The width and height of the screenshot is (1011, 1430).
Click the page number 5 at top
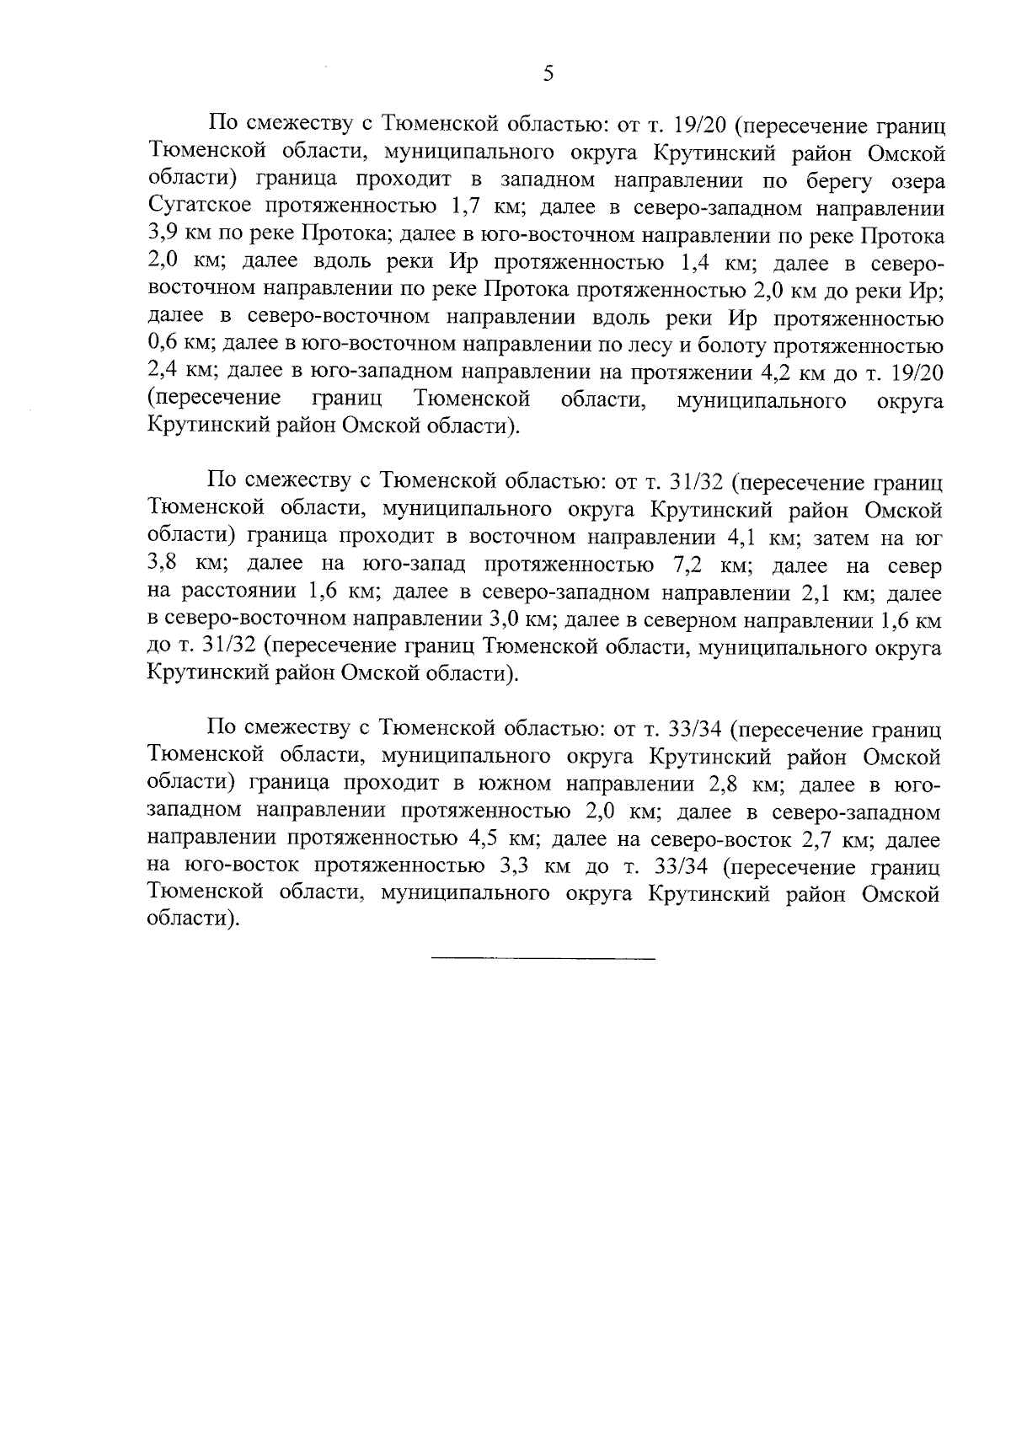click(x=548, y=74)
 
